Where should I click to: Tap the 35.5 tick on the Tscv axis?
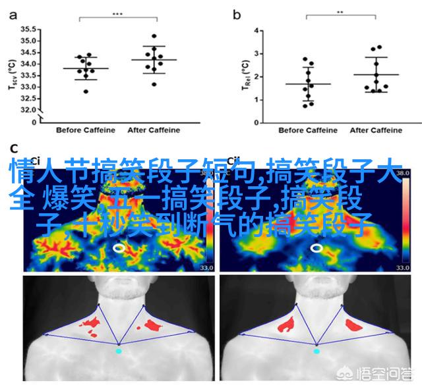point(28,30)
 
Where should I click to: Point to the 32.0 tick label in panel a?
point(28,110)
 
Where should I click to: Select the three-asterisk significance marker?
point(117,13)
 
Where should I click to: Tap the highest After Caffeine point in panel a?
point(154,36)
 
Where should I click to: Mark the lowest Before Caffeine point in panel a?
point(86,91)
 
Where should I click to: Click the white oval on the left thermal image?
point(119,247)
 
